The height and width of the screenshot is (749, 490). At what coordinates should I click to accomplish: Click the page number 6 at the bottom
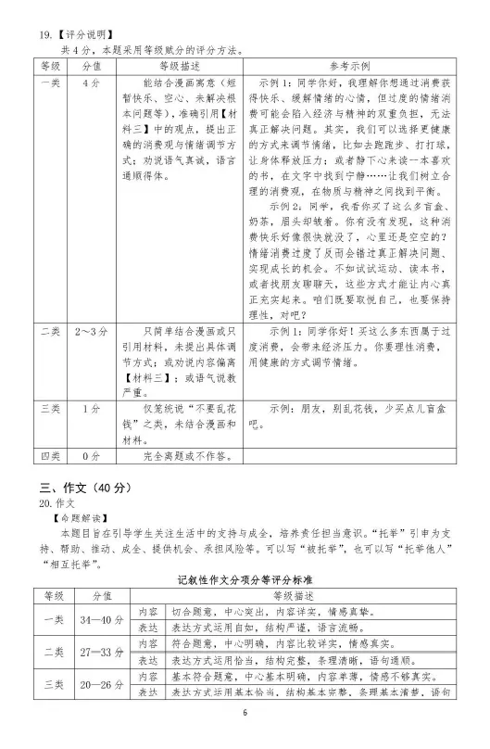(x=245, y=740)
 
